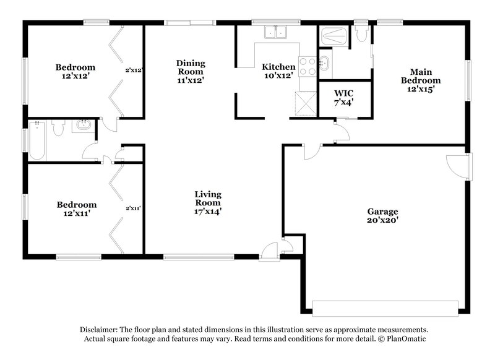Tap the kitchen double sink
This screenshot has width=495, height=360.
point(274,32)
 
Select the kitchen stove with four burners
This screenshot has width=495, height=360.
point(306,66)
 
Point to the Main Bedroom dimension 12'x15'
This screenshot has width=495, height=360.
point(421,89)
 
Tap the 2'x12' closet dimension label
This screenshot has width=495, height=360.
point(134,70)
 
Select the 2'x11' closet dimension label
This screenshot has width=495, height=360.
point(134,208)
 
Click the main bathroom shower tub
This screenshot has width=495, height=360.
point(335,37)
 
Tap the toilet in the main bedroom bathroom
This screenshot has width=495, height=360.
point(362,36)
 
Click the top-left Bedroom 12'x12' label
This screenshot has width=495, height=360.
point(75,71)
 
